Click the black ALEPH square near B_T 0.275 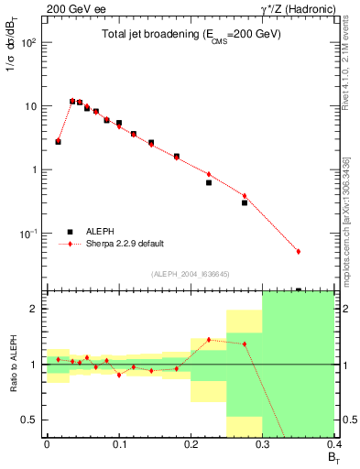245,202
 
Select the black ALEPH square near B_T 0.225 209,182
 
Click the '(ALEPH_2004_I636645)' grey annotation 190,273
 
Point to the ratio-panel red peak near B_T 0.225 209,340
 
